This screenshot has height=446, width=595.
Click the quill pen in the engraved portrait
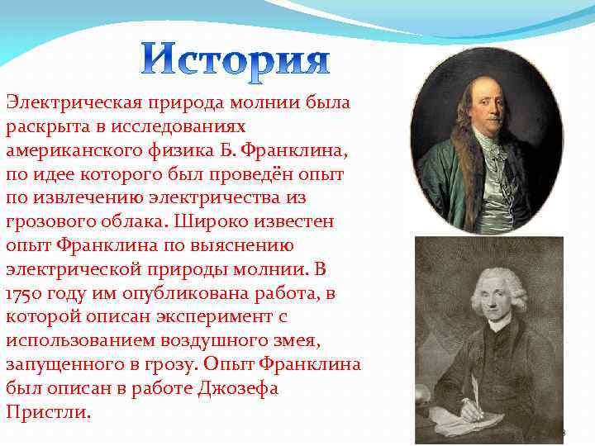coord(473,388)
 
